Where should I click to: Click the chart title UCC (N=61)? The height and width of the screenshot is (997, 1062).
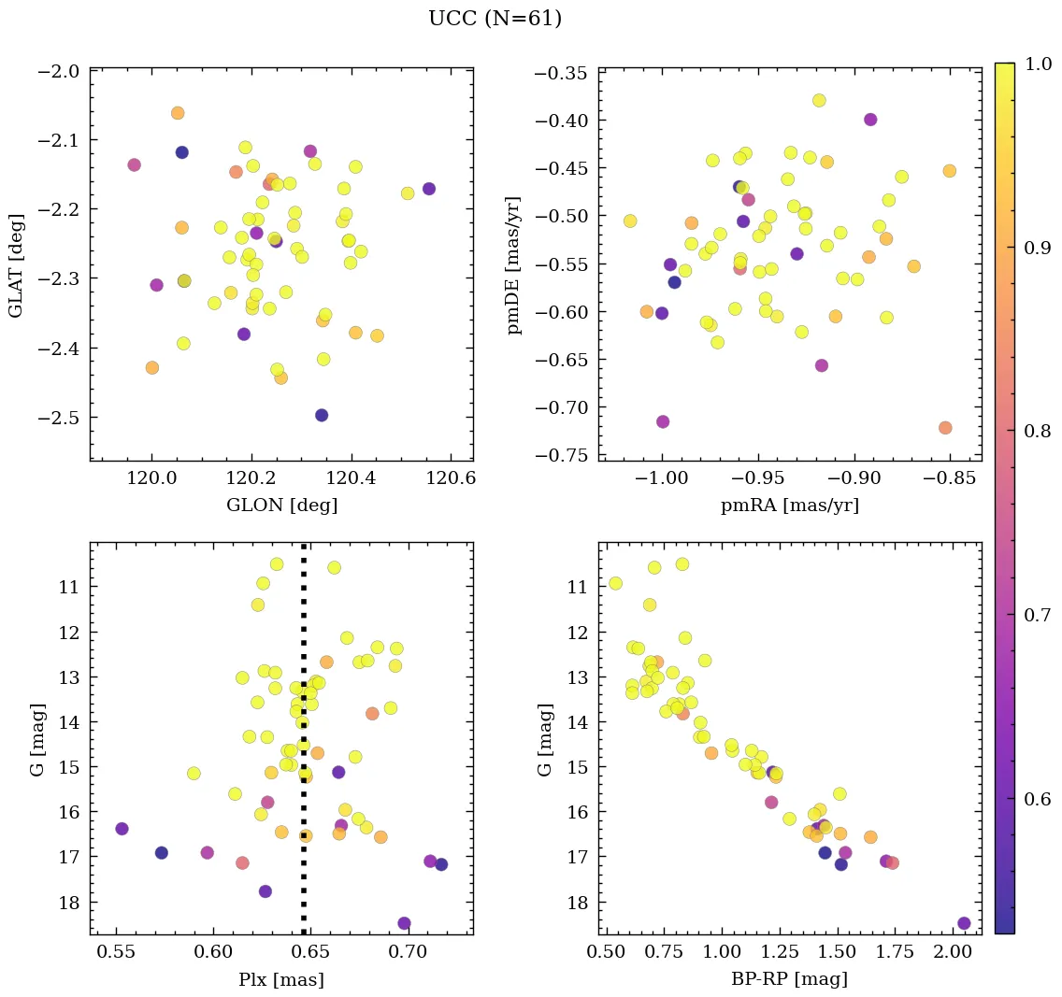tap(495, 19)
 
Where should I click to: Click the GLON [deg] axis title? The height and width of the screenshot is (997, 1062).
tap(281, 506)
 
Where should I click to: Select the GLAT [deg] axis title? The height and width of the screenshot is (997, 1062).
tap(17, 263)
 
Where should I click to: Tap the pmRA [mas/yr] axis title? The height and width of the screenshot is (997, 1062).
tap(790, 506)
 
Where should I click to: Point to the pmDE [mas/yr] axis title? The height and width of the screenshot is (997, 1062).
tap(514, 264)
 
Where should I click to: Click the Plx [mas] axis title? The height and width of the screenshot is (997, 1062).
tap(281, 979)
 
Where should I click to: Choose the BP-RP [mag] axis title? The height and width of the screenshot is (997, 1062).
tap(790, 979)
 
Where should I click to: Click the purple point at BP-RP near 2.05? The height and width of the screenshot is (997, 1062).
tap(964, 923)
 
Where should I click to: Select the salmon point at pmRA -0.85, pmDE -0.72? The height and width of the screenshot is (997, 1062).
tap(945, 428)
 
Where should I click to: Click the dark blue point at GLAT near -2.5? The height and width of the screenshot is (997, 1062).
tap(322, 415)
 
